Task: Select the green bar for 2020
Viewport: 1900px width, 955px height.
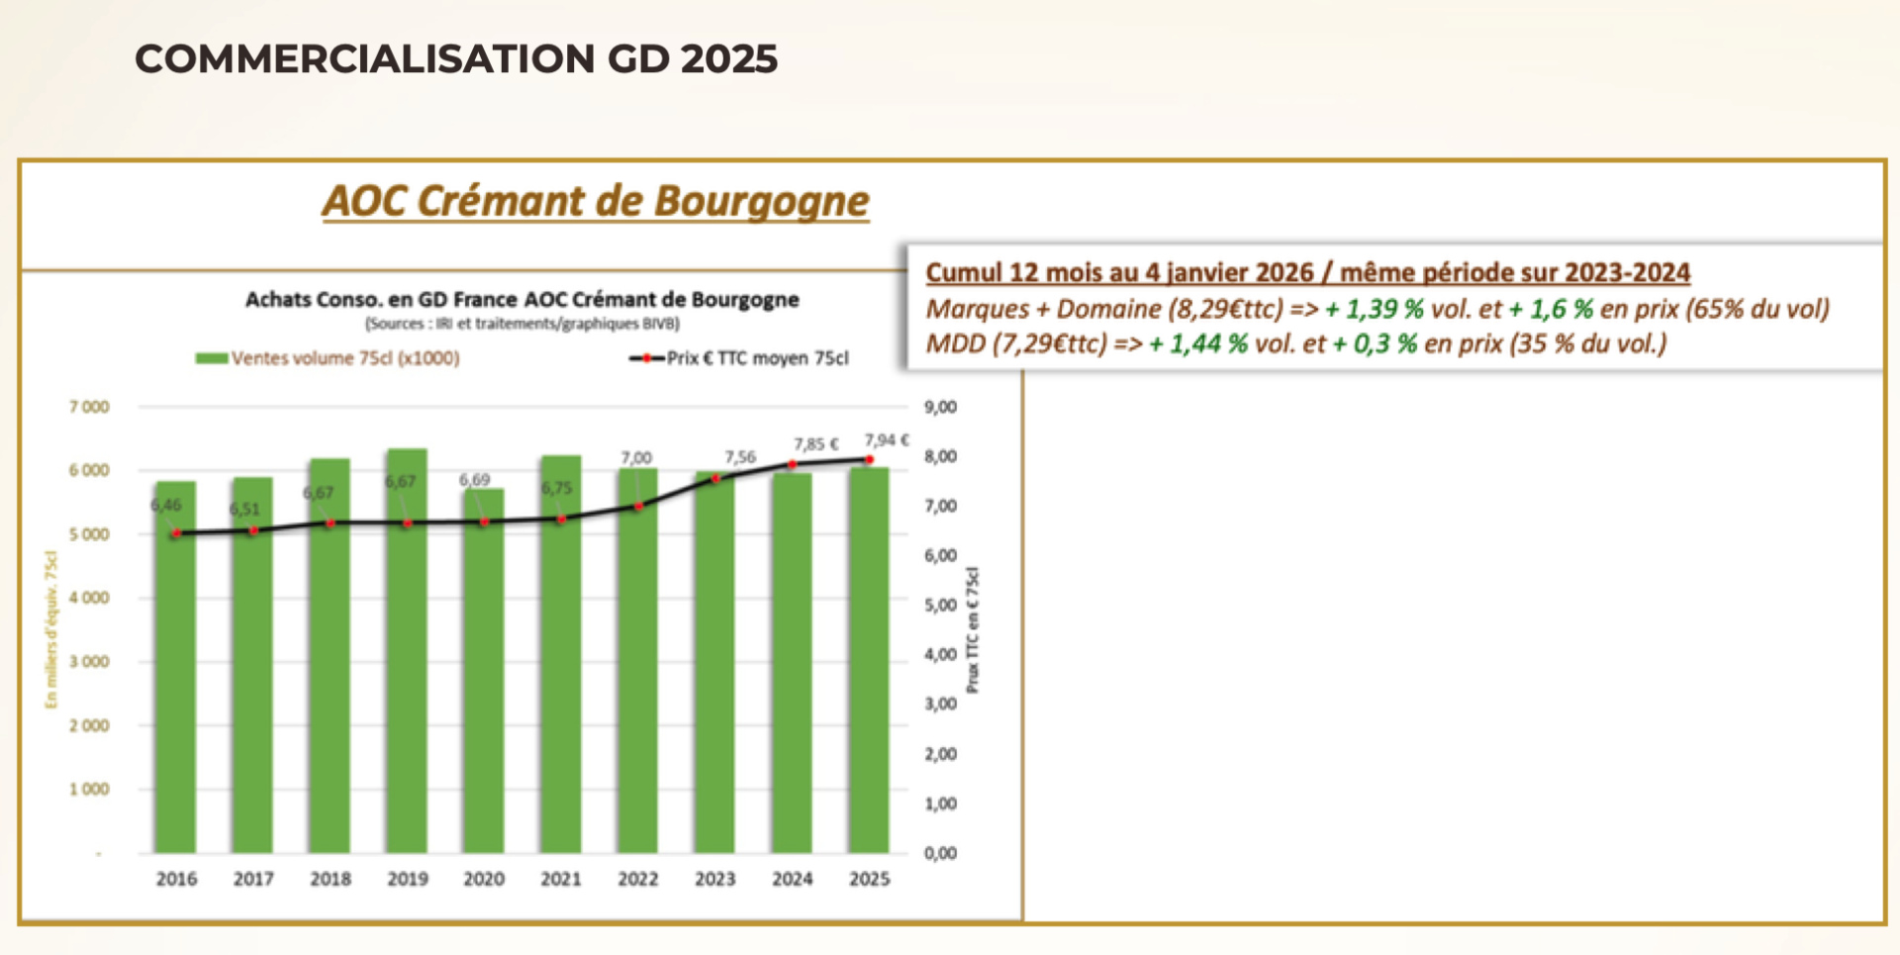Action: tap(484, 693)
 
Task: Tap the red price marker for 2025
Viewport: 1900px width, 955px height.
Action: tap(869, 459)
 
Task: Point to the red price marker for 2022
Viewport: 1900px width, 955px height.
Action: tap(638, 507)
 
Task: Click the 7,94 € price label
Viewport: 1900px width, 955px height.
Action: tap(886, 439)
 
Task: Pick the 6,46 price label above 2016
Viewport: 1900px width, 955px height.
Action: tap(166, 505)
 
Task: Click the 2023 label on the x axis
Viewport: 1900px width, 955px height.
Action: tap(714, 879)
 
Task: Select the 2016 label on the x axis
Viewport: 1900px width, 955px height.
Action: tap(176, 879)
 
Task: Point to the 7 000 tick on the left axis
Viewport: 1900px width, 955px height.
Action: tap(89, 407)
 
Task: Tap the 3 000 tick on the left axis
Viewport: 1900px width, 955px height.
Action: tap(89, 661)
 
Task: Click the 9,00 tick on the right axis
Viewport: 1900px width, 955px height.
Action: tap(940, 407)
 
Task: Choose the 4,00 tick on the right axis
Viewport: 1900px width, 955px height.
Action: tap(940, 654)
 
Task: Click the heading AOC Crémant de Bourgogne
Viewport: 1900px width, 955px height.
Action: tap(596, 201)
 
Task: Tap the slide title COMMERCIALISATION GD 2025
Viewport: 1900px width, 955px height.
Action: tap(456, 58)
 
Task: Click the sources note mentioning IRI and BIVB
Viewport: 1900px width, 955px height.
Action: tap(522, 324)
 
